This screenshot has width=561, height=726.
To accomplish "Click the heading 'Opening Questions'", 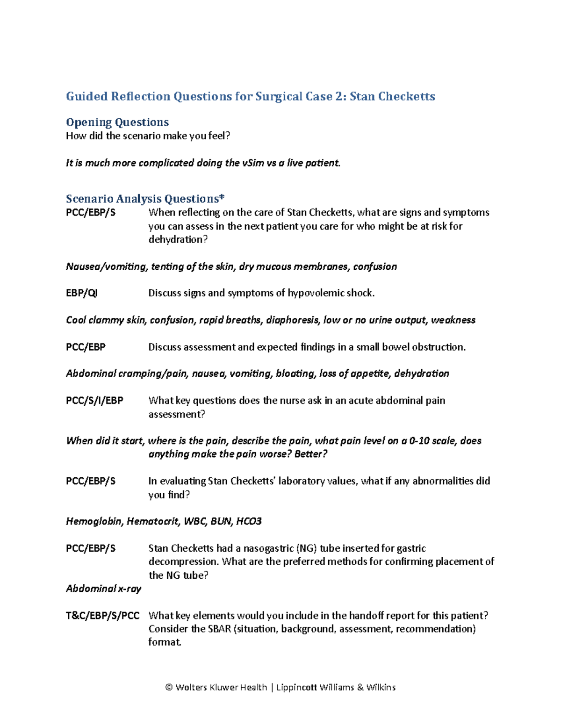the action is tap(117, 122).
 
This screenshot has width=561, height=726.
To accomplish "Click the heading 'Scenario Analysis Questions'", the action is tap(145, 199).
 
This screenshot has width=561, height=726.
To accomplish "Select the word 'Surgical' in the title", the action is tap(279, 96).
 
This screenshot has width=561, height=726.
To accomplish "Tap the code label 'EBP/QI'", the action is tap(82, 293).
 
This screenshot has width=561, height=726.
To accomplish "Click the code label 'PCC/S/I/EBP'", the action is tap(94, 401).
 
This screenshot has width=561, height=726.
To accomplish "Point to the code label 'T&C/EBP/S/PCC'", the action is tap(103, 616).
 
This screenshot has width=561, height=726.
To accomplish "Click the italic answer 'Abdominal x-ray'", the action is tap(103, 589).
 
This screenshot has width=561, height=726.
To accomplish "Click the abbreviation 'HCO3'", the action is tap(249, 521).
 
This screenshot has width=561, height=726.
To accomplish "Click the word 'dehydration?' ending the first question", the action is tap(178, 240).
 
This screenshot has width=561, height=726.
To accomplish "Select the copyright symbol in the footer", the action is tap(169, 687).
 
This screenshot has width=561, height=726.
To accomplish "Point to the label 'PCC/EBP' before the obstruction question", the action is tap(86, 347).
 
